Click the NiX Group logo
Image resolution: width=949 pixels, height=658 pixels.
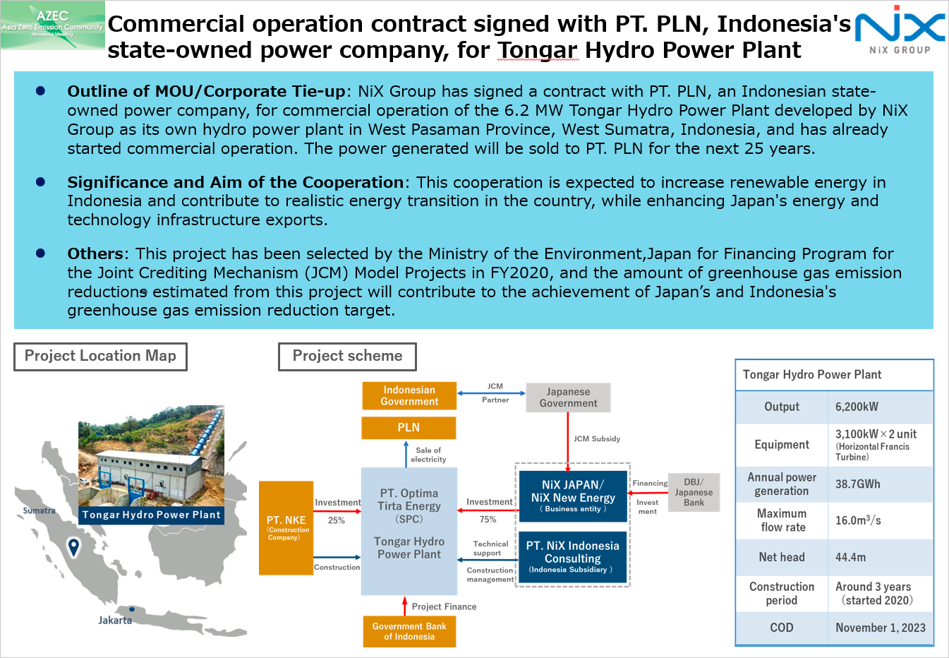pyautogui.click(x=900, y=30)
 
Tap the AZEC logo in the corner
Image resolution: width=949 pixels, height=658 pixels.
pyautogui.click(x=53, y=25)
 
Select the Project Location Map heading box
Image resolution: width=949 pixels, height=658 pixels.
pyautogui.click(x=100, y=356)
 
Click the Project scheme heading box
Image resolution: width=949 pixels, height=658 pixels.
pyautogui.click(x=347, y=356)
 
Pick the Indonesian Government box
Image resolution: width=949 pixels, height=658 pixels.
pyautogui.click(x=409, y=395)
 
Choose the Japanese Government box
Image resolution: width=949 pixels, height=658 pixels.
pyautogui.click(x=568, y=397)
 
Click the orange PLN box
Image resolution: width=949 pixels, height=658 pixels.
pyautogui.click(x=409, y=428)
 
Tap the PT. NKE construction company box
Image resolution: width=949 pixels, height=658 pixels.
pyautogui.click(x=286, y=527)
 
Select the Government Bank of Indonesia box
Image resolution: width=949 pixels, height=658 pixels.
pyautogui.click(x=409, y=631)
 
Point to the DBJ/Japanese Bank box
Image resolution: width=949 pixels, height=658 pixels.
pyautogui.click(x=694, y=492)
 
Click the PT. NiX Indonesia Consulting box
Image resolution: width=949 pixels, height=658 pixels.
pyautogui.click(x=572, y=557)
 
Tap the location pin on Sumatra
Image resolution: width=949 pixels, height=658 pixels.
pyautogui.click(x=73, y=546)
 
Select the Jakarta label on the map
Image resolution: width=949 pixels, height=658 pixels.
pyautogui.click(x=115, y=621)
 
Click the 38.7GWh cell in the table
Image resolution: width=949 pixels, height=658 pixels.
pyautogui.click(x=857, y=484)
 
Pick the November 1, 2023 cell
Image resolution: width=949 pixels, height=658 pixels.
pyautogui.click(x=880, y=628)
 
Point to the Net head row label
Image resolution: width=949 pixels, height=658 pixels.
pyautogui.click(x=781, y=557)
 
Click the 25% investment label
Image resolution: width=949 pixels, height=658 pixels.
pyautogui.click(x=337, y=520)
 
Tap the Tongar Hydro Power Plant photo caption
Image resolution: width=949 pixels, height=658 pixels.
pyautogui.click(x=151, y=515)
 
